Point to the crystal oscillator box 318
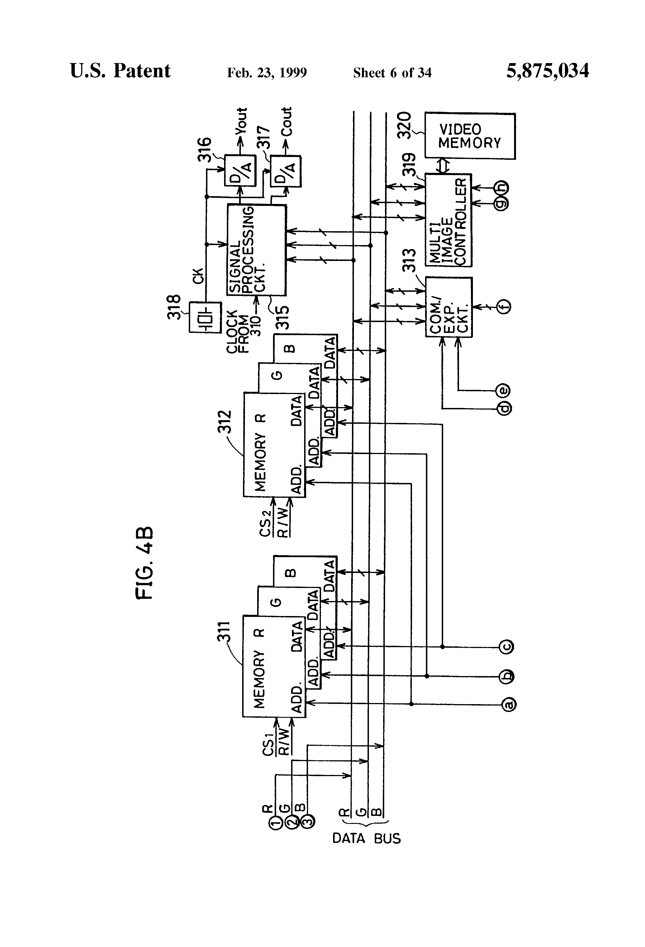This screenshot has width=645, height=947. point(205,317)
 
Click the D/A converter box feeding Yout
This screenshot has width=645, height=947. point(240,170)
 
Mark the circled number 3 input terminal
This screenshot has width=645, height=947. point(308,821)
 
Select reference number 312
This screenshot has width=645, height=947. point(224,422)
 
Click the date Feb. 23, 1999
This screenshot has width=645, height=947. point(267,73)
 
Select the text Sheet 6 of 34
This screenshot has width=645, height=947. point(392,73)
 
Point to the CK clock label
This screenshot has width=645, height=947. point(198,276)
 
